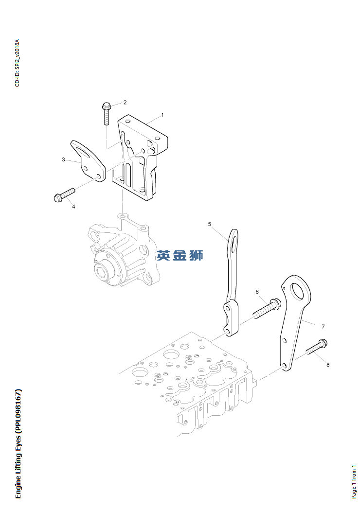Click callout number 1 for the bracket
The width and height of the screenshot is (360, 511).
coord(162,115)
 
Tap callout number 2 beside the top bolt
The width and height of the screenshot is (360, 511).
coord(125,102)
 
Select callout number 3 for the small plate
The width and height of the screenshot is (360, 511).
coord(63,159)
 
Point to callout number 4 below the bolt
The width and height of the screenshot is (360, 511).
coord(73,207)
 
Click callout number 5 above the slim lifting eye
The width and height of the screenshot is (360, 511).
coord(209,224)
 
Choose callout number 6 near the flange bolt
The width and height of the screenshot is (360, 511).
coord(257,292)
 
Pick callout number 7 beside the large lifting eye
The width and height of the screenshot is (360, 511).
coord(323,326)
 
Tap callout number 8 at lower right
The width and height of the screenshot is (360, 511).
coord(327,364)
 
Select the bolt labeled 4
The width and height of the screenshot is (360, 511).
coord(63,194)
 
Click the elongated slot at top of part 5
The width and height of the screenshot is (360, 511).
coord(234,242)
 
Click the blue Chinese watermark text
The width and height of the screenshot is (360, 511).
coord(180,255)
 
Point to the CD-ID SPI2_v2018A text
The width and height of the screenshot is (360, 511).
coord(18,64)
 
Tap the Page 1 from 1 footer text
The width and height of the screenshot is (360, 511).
coord(354,481)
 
